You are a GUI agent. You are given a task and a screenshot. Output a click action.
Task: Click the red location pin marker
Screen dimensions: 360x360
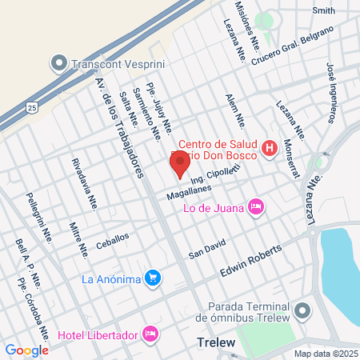click(x=179, y=164)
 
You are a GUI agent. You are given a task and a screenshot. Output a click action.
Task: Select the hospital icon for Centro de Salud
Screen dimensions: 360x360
click(x=270, y=148)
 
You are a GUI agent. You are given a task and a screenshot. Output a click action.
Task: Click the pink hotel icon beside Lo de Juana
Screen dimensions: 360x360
click(x=256, y=207)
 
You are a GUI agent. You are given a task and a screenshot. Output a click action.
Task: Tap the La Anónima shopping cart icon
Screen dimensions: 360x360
click(x=154, y=279)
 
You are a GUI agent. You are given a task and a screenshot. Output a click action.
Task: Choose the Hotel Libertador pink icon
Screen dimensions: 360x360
click(x=149, y=332)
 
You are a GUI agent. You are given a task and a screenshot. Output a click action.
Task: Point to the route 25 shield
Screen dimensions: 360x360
click(x=31, y=106)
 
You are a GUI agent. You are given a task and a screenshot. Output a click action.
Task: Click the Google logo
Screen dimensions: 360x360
click(x=26, y=350)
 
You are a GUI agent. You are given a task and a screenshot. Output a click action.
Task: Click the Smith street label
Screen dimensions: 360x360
click(x=324, y=10)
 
